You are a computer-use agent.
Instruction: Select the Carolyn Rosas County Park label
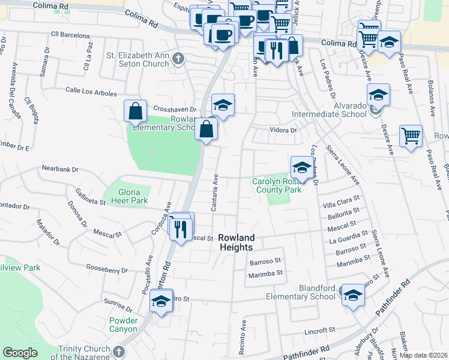coord(276,185)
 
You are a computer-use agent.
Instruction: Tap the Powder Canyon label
coord(124,325)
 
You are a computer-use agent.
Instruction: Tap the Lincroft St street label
coord(318,331)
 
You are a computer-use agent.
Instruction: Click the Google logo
coord(20,353)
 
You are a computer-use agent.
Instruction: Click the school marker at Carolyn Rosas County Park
coord(301,167)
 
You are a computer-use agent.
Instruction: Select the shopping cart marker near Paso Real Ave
coord(411,136)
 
